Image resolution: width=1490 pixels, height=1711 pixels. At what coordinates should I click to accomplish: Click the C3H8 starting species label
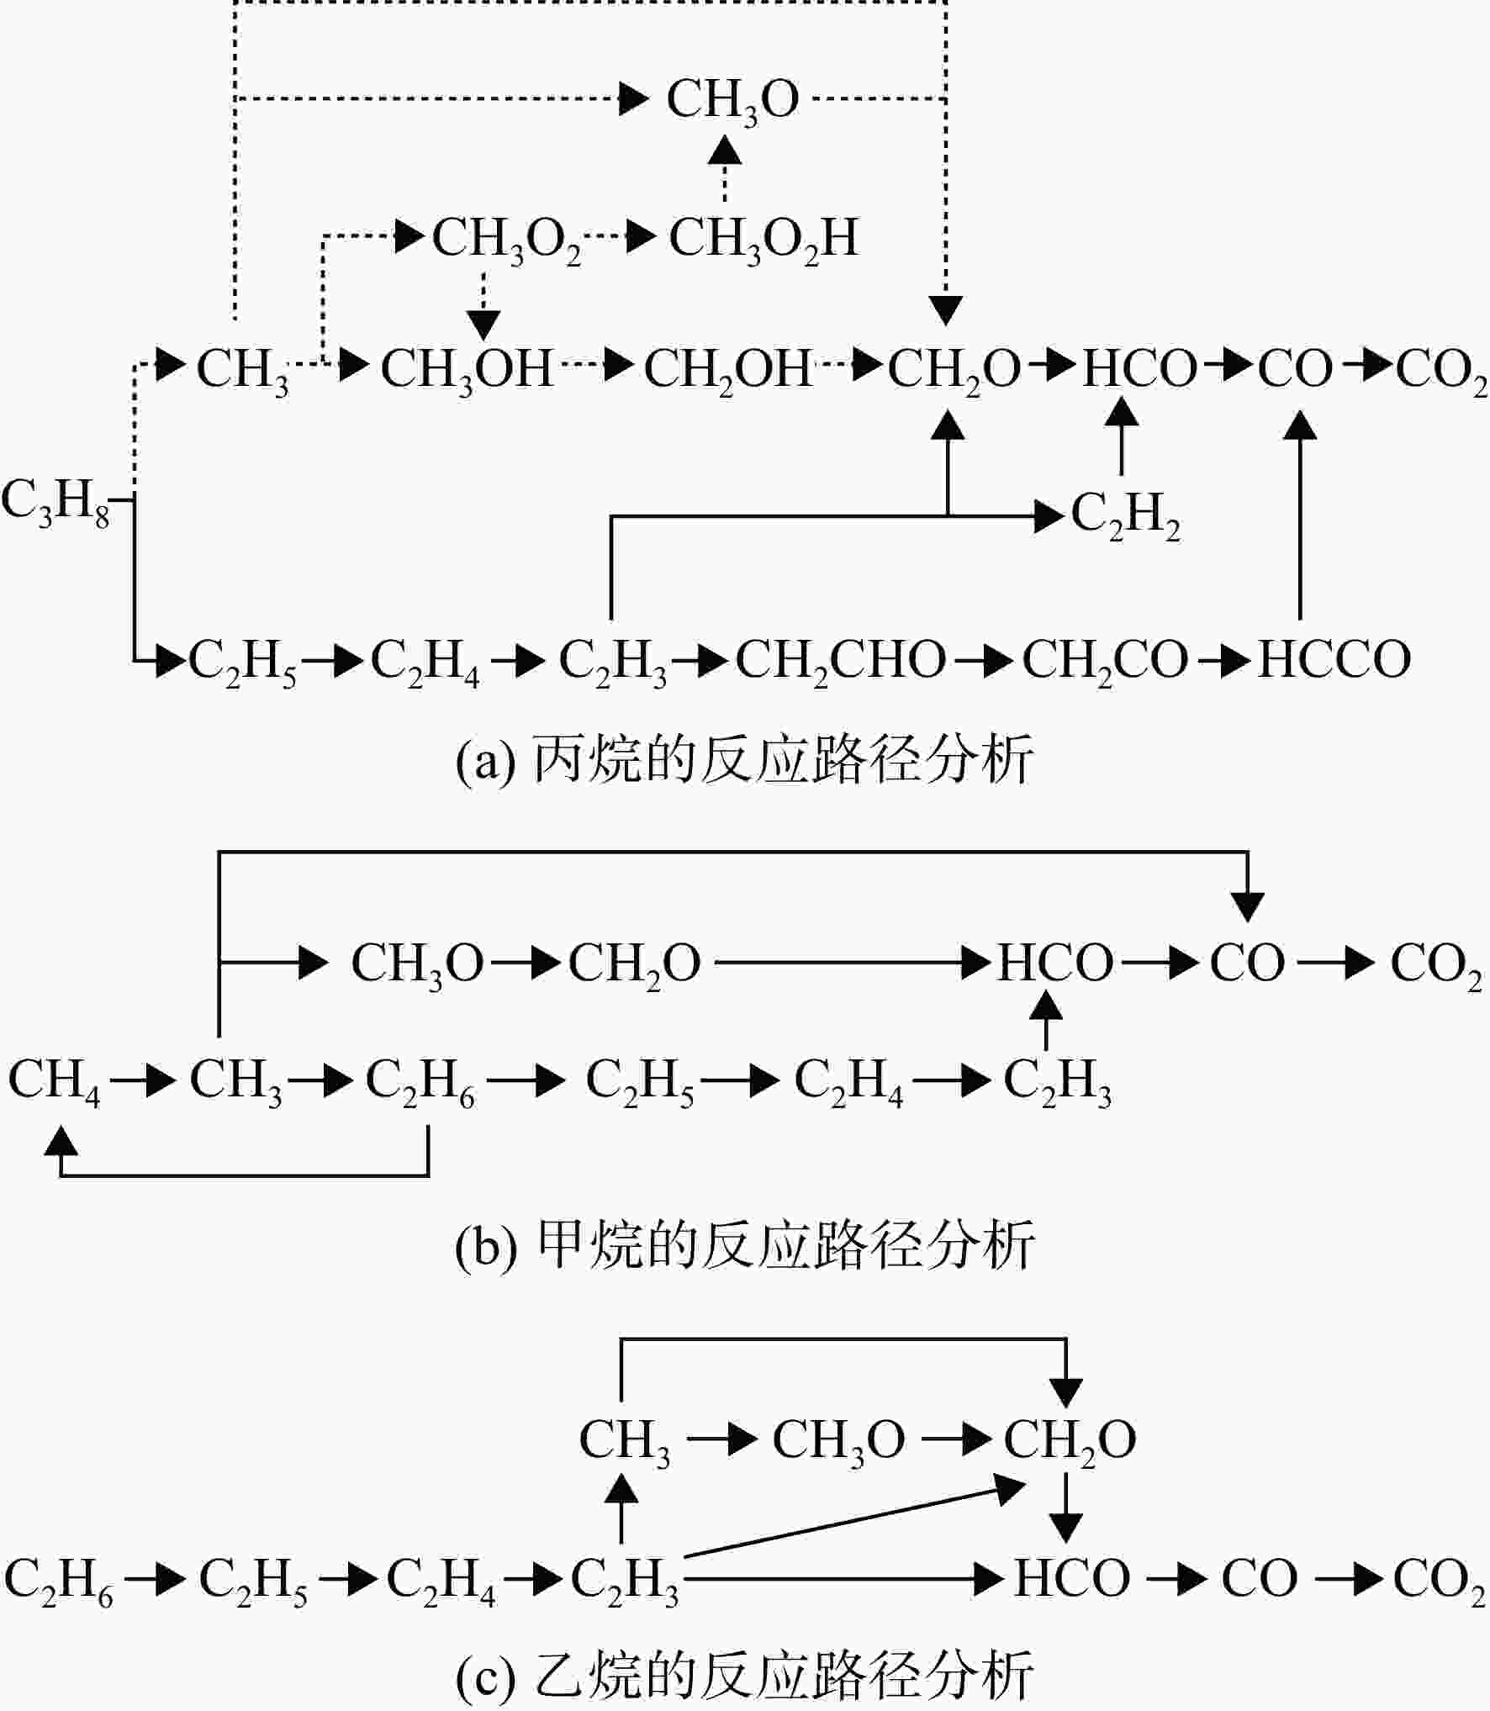(x=55, y=503)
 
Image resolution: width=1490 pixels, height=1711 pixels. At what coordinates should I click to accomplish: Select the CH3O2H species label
(x=763, y=240)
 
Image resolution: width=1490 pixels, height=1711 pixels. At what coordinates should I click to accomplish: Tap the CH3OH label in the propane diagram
(x=468, y=371)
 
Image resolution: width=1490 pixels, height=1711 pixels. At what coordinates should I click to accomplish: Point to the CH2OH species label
(x=729, y=371)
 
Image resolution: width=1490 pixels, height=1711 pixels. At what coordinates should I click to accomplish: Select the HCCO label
(x=1334, y=660)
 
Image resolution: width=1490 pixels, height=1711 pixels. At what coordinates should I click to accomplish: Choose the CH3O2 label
(x=507, y=240)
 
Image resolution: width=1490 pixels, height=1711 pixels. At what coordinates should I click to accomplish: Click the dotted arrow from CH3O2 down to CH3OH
(x=483, y=304)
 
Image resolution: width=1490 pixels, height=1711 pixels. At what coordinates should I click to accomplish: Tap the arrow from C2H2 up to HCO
(x=1121, y=436)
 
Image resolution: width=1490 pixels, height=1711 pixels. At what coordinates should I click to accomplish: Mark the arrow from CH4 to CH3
(x=141, y=1080)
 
